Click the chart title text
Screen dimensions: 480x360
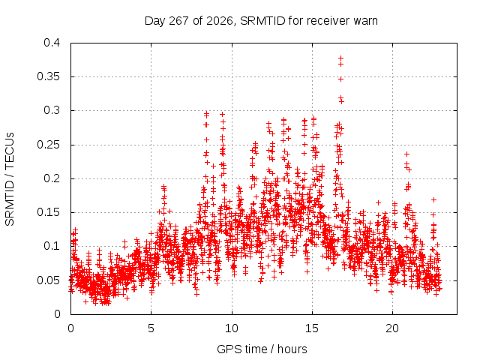(x=261, y=21)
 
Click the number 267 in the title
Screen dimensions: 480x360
(x=178, y=21)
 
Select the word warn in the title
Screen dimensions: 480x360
(x=365, y=21)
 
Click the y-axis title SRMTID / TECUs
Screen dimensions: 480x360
(x=10, y=179)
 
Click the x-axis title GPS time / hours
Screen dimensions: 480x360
(x=262, y=349)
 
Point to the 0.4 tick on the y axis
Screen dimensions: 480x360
(x=52, y=43)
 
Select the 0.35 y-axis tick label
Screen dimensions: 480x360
(x=49, y=76)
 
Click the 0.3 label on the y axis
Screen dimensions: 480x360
(x=52, y=110)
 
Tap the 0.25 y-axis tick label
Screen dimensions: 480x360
(x=49, y=145)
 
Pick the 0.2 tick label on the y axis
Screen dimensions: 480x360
(x=52, y=178)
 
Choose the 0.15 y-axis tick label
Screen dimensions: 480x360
(x=49, y=212)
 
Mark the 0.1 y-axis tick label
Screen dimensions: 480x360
(x=52, y=246)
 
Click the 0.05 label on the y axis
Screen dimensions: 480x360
(x=49, y=280)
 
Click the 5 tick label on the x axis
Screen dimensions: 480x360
(x=151, y=328)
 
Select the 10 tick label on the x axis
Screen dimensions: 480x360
(x=232, y=328)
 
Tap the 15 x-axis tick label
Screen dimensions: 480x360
(x=312, y=328)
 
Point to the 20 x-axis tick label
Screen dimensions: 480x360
(x=392, y=328)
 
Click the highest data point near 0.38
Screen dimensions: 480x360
(x=340, y=58)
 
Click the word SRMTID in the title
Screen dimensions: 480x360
(x=262, y=21)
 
